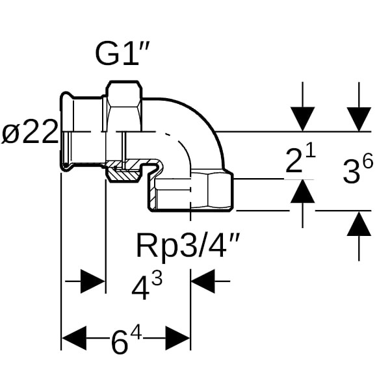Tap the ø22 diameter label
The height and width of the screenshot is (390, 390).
click(30, 136)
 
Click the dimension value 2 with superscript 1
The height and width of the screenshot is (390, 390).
click(300, 162)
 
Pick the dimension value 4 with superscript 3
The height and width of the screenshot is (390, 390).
click(147, 287)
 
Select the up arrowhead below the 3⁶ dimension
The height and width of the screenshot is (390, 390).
click(359, 224)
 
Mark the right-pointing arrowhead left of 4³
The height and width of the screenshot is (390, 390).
click(92, 282)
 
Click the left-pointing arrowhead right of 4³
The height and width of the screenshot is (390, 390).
click(203, 282)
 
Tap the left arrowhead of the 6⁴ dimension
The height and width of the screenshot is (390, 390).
click(73, 338)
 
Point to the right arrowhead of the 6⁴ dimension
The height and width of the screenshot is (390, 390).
click(177, 338)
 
